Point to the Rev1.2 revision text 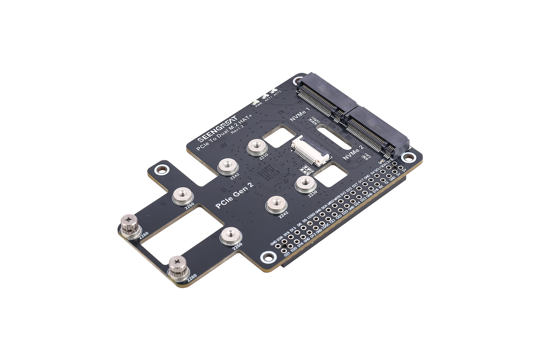237,129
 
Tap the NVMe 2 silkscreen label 353,153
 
